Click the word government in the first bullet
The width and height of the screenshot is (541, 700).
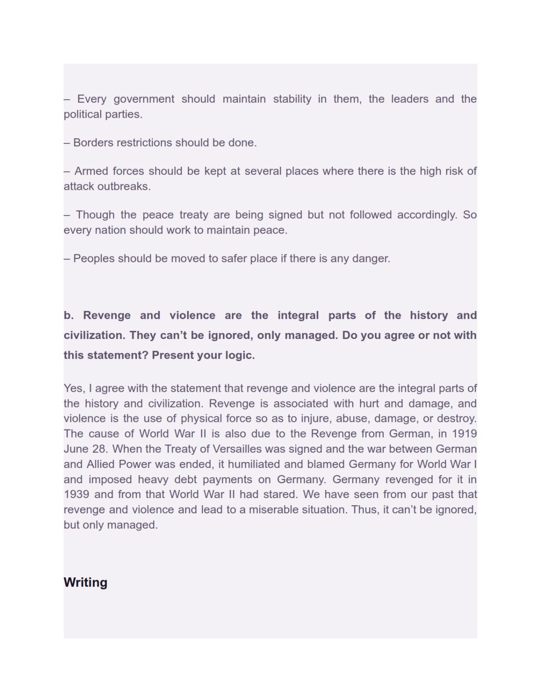point(144,99)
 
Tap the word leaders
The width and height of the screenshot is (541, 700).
point(409,99)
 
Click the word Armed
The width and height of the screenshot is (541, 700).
point(91,171)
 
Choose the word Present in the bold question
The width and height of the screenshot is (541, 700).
point(173,355)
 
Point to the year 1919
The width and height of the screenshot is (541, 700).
point(464,434)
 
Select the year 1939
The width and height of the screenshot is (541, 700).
point(76,494)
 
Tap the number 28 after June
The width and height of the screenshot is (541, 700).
point(100,449)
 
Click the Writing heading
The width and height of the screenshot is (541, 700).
point(85,582)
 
